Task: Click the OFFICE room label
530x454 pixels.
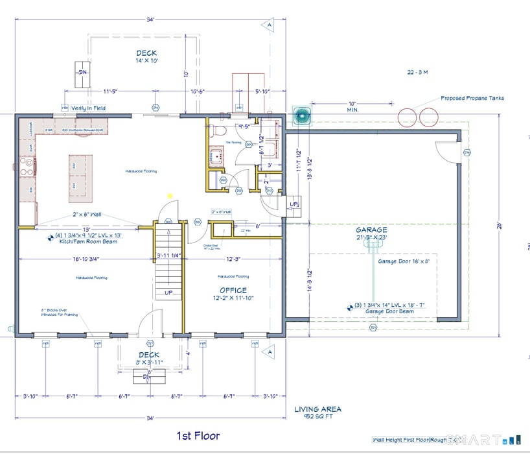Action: coord(233,291)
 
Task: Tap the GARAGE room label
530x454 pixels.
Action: coord(371,230)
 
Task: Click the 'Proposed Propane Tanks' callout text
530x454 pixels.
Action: coord(472,99)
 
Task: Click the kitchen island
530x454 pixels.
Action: coord(80,179)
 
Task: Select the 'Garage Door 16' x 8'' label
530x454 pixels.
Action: coord(404,261)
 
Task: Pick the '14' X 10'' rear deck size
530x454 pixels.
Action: coord(147,60)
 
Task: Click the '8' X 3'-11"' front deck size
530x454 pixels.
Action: coord(149,363)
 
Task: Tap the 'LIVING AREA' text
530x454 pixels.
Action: coord(317,409)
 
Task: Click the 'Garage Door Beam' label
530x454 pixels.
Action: coord(389,311)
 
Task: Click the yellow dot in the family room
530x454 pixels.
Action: coord(170,195)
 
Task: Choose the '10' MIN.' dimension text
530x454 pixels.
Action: coord(352,107)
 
